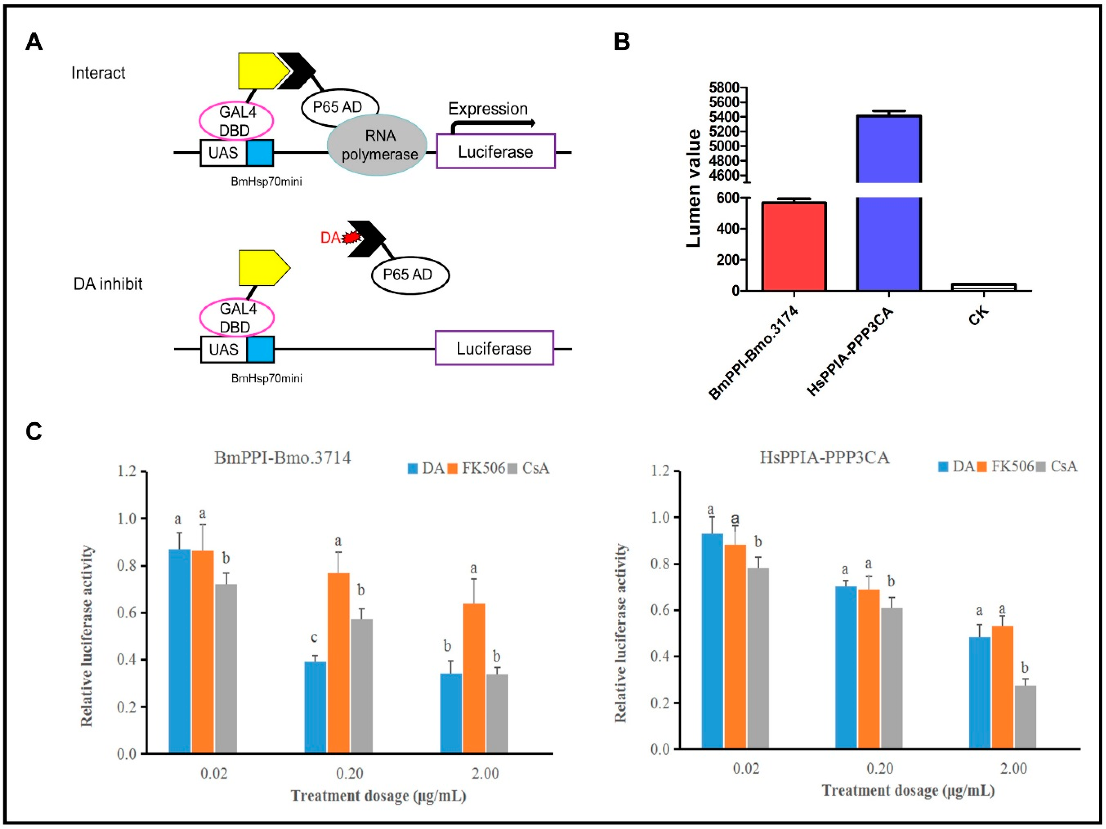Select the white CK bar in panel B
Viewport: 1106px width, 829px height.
click(983, 287)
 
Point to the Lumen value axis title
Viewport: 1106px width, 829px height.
click(694, 188)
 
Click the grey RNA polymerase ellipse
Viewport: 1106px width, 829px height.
click(377, 145)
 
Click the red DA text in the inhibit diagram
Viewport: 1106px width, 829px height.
click(330, 238)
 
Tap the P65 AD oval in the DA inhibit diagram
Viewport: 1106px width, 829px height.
click(409, 275)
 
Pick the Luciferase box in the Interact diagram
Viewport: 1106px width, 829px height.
click(495, 152)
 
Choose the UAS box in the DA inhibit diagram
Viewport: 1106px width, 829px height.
click(224, 349)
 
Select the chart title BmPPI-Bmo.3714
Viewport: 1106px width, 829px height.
click(283, 457)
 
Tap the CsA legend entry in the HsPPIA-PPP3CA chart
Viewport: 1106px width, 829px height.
click(1057, 467)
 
